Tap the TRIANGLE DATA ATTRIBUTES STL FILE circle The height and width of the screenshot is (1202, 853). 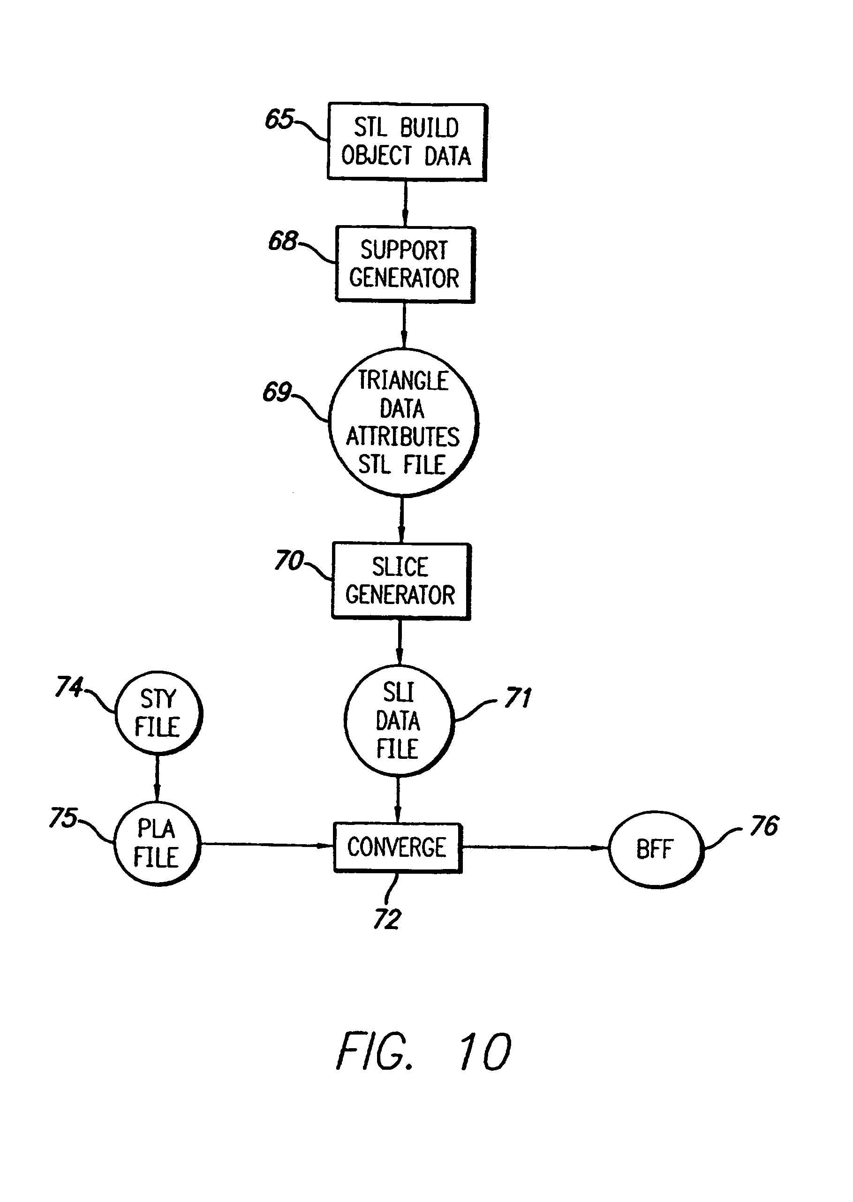tap(403, 423)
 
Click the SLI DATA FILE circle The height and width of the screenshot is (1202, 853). tap(398, 720)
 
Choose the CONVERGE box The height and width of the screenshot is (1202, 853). tap(397, 847)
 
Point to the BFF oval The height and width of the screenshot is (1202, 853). tap(655, 849)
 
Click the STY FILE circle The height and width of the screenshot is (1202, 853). tap(158, 713)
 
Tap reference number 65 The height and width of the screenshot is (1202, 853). tap(279, 119)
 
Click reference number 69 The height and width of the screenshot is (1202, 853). tap(277, 392)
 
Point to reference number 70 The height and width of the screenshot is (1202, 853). tap(288, 560)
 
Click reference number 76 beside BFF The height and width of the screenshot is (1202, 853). tap(764, 826)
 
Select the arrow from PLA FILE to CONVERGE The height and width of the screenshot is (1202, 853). tap(267, 845)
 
